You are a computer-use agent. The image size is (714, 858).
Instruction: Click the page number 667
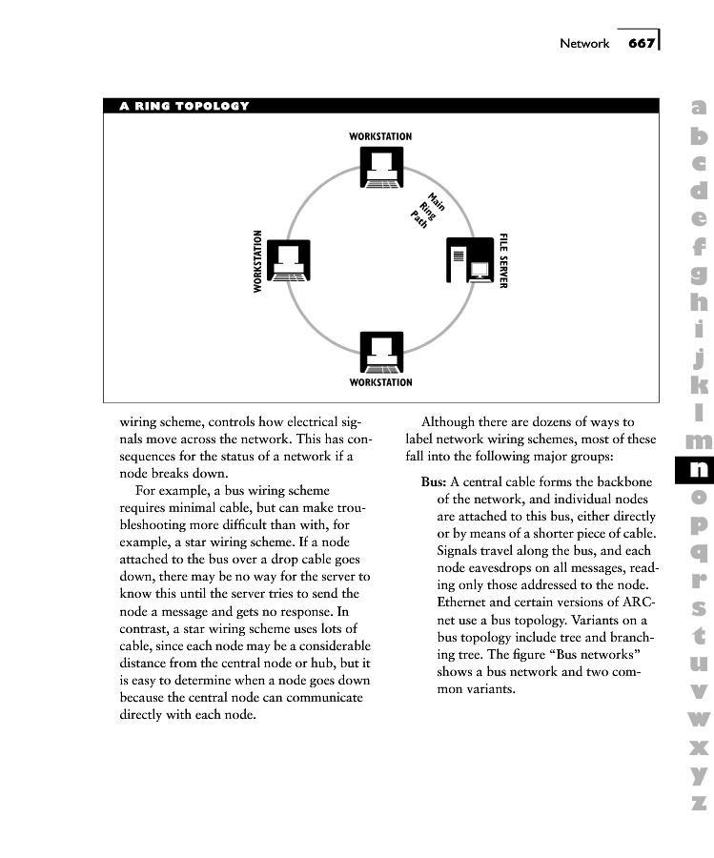click(642, 43)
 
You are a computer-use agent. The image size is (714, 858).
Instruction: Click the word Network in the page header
click(583, 44)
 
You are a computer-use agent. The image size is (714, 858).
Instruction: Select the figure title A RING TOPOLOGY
click(184, 106)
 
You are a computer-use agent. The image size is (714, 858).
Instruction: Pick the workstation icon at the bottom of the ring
click(381, 352)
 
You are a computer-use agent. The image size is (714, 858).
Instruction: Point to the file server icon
click(471, 261)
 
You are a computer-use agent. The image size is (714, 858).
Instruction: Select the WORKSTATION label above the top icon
click(380, 137)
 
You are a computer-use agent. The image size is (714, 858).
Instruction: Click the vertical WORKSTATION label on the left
click(257, 261)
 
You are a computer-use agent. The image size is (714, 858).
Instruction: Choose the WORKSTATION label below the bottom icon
click(380, 383)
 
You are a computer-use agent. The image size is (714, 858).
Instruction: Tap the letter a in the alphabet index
click(698, 110)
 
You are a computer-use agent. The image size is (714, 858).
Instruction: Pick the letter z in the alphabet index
click(698, 803)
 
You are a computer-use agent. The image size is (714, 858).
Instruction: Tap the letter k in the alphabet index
click(698, 386)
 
